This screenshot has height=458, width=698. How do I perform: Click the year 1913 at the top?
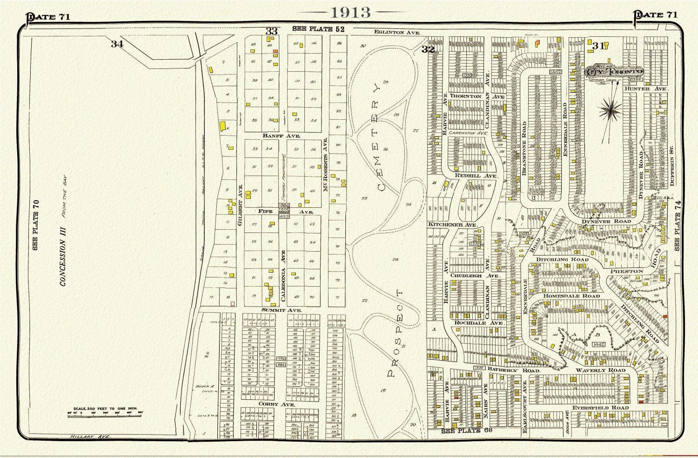[350, 12]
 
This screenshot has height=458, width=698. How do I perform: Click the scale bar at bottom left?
[105, 413]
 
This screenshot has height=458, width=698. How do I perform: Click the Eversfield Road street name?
[600, 408]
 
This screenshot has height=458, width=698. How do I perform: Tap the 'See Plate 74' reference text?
[678, 226]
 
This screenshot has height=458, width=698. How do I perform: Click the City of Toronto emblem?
[614, 72]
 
